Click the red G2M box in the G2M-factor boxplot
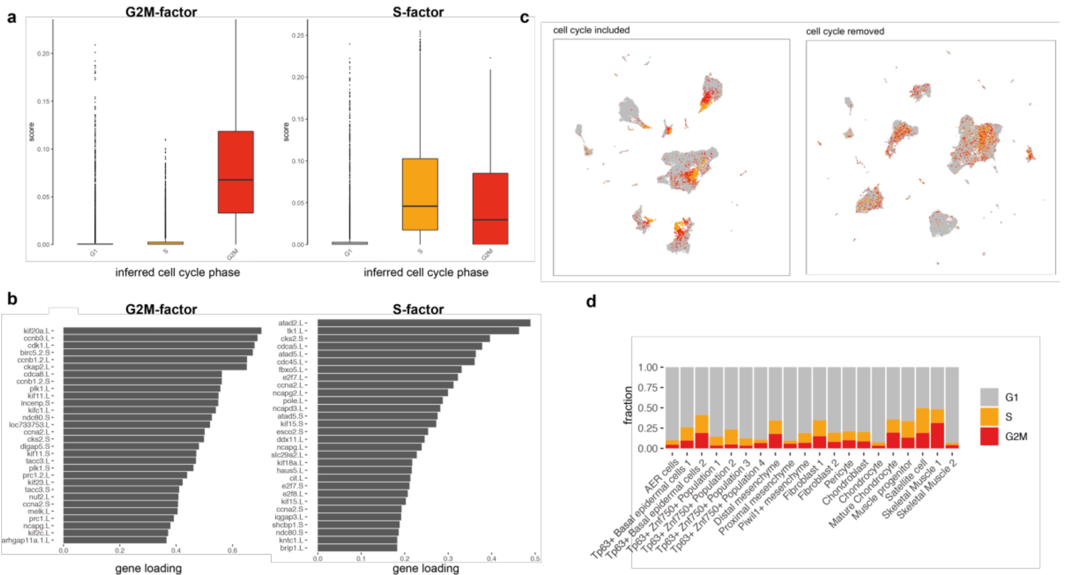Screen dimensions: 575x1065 [x=236, y=172]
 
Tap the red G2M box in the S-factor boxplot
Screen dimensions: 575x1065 [x=490, y=209]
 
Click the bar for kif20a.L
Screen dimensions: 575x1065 [x=162, y=330]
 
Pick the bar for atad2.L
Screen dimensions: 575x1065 [x=424, y=323]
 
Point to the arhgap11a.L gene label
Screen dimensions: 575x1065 [x=25, y=540]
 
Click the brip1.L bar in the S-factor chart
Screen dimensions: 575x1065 [x=357, y=548]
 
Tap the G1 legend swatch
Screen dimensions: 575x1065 [x=989, y=397]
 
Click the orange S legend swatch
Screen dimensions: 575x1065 [x=989, y=417]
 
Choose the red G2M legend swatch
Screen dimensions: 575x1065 [x=989, y=436]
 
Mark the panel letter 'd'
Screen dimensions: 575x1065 [x=591, y=302]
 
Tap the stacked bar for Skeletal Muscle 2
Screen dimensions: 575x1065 [x=952, y=408]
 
